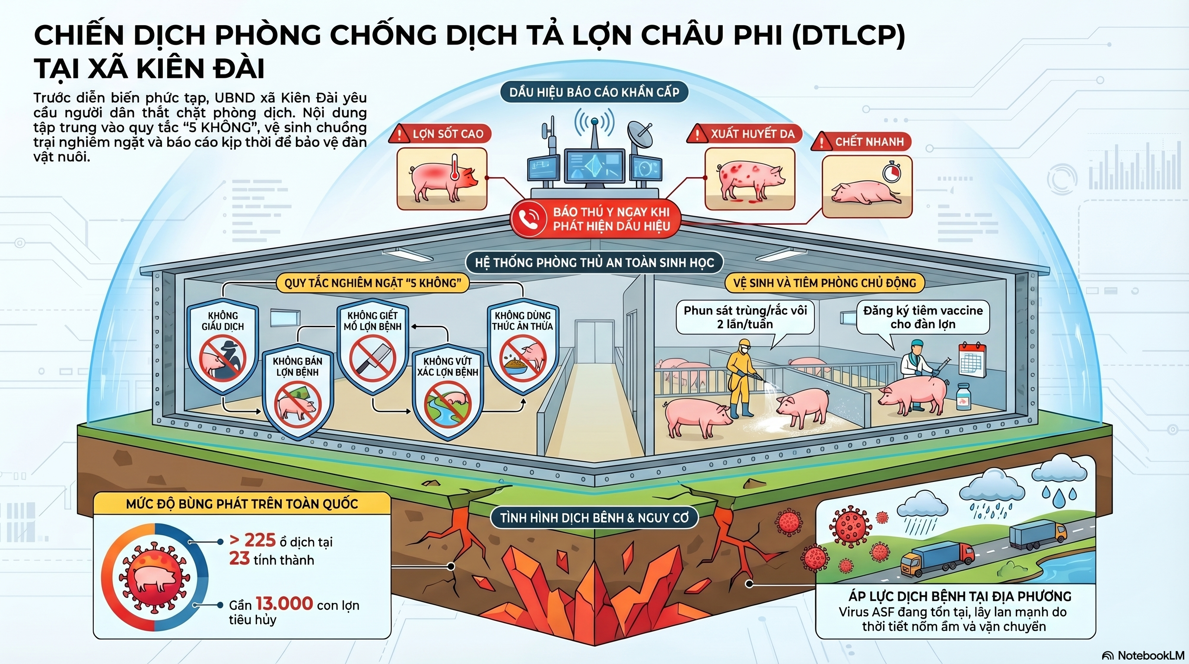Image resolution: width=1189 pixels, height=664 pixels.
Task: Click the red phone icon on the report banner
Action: tap(528, 219)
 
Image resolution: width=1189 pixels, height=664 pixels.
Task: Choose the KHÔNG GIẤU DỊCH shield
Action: tap(223, 346)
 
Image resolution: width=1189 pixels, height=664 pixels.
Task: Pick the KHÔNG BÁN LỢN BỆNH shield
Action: tap(297, 393)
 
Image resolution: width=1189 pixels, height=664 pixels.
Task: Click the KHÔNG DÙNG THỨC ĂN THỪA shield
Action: tap(522, 346)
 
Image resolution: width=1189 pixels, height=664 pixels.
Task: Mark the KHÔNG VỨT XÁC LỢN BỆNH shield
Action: tap(447, 393)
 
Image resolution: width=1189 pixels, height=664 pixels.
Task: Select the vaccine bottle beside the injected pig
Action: tap(963, 398)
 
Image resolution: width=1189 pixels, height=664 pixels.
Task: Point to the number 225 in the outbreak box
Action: tap(259, 540)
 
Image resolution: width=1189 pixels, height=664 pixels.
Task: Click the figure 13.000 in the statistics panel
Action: tap(284, 603)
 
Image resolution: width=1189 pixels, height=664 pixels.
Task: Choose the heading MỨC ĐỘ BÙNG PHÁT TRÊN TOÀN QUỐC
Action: tap(242, 504)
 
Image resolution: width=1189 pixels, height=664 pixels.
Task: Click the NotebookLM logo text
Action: tap(1150, 655)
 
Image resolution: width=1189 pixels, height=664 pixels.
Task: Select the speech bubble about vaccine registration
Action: tap(923, 317)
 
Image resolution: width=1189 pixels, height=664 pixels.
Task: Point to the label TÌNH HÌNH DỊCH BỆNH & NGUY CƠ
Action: tap(594, 517)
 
